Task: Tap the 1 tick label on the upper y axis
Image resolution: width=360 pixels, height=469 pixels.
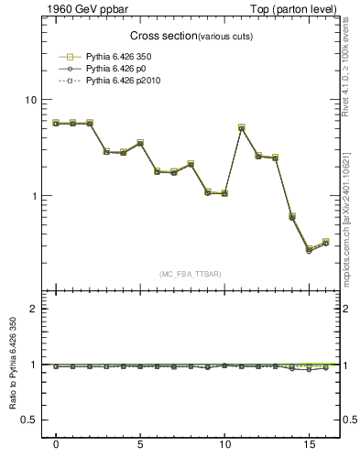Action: pos(35,196)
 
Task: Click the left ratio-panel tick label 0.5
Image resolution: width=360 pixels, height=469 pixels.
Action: pos(30,420)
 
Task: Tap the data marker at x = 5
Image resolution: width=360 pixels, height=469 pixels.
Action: pos(140,143)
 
